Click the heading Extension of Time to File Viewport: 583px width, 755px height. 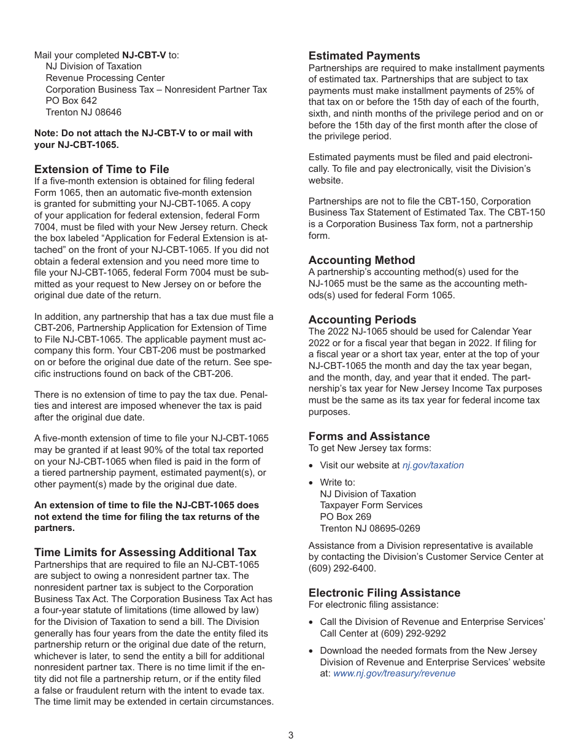click(101, 169)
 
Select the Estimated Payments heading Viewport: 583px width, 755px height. click(364, 56)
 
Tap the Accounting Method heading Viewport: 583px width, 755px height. click(361, 260)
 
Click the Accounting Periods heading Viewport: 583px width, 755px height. click(362, 320)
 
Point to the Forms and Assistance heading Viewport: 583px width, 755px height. click(369, 436)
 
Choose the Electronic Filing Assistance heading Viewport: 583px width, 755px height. click(384, 593)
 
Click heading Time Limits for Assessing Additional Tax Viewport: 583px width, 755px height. click(145, 552)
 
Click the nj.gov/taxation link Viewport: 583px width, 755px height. click(433, 465)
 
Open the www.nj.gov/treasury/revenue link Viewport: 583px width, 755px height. click(394, 673)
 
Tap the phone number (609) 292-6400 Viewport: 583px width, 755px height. click(342, 568)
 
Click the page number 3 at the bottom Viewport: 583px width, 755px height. click(291, 735)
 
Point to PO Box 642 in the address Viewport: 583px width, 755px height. click(71, 101)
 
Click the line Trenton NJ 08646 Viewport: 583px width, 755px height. click(83, 112)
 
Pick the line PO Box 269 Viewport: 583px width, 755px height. click(346, 517)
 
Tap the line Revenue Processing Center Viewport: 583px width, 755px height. click(105, 78)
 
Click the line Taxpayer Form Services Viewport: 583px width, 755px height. click(371, 505)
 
